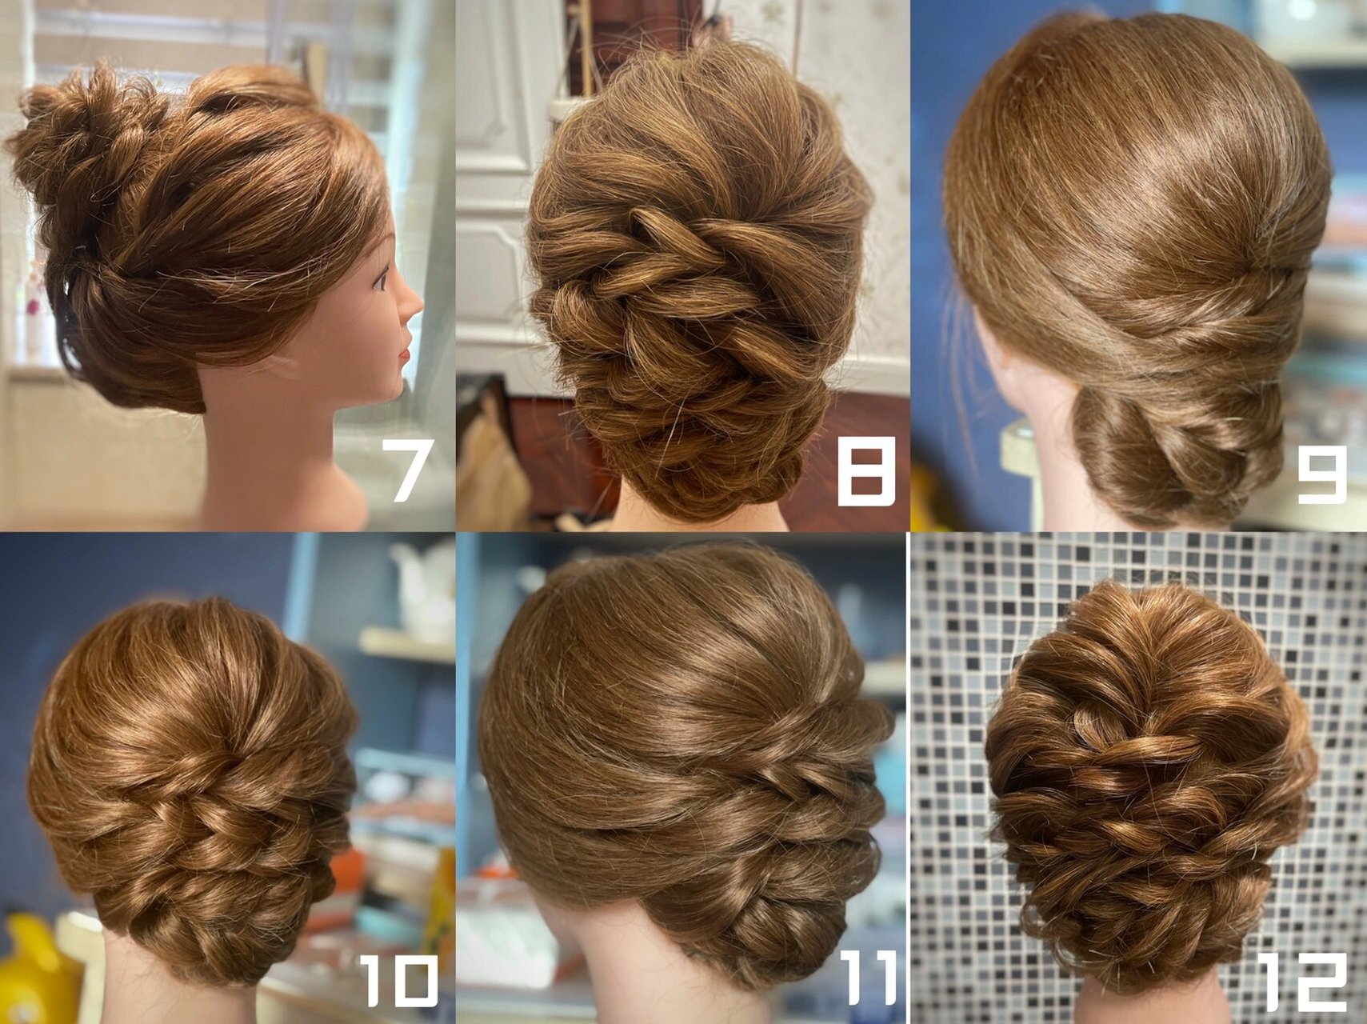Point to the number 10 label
tap(399, 982)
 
